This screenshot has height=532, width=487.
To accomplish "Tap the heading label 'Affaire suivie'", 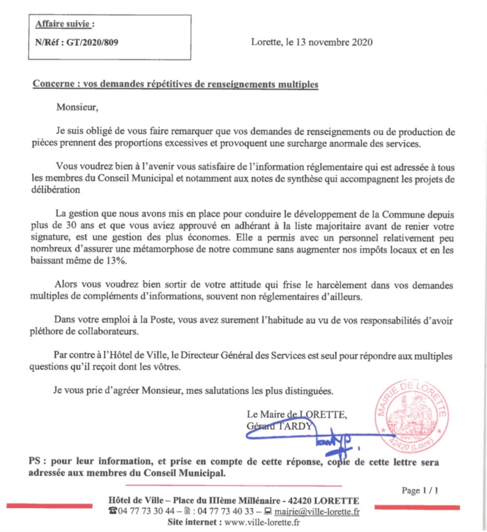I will [64, 23].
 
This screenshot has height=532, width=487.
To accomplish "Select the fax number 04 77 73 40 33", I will [227, 512].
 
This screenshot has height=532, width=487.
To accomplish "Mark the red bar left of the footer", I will [49, 504].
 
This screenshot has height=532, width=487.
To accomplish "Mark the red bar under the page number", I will [417, 507].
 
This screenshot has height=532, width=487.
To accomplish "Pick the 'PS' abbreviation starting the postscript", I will [34, 463].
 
